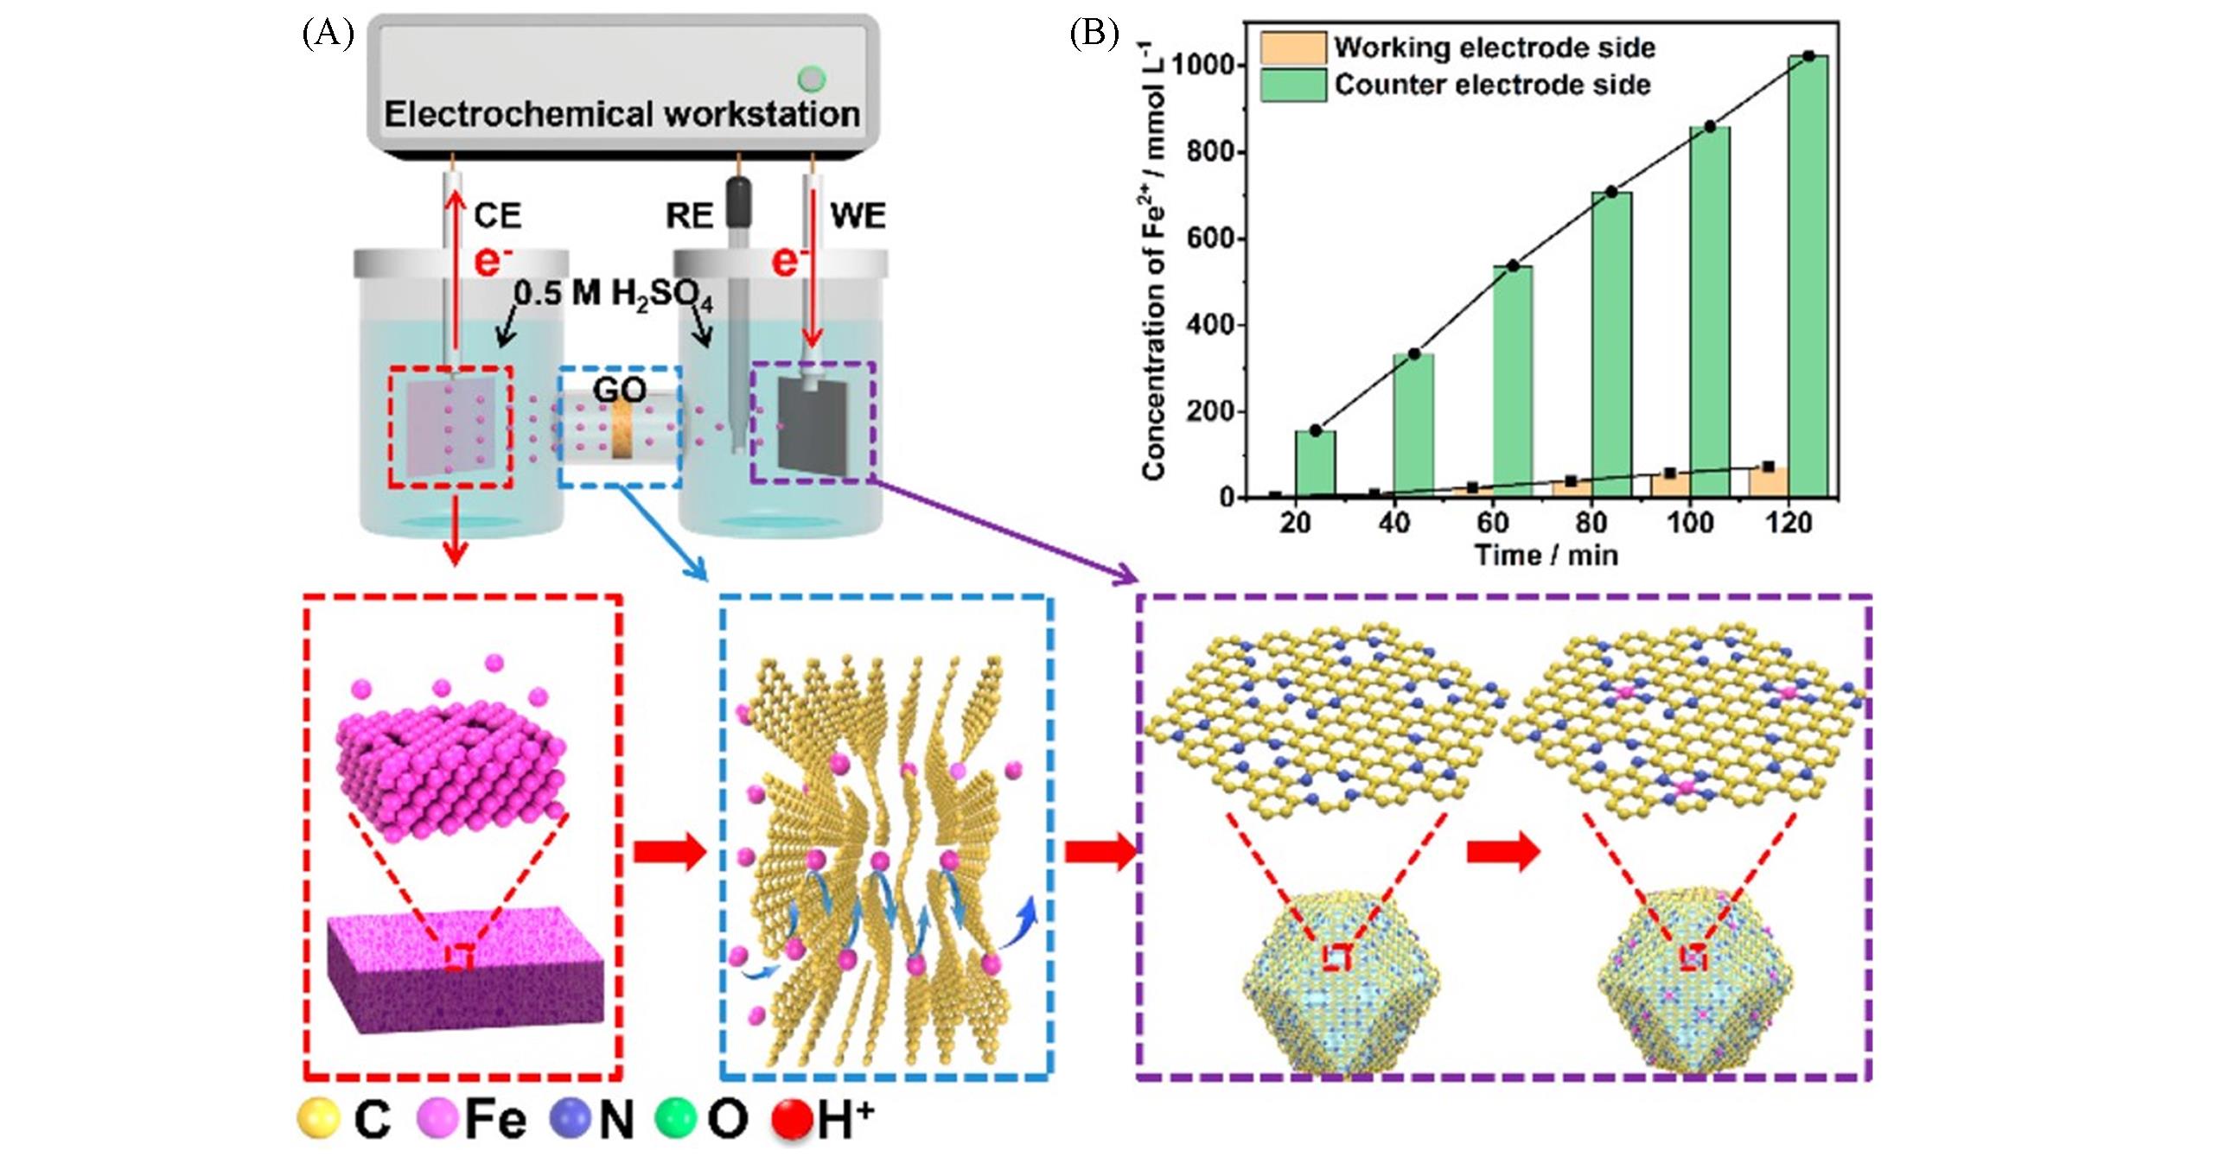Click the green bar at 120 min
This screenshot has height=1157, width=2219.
pyautogui.click(x=1808, y=277)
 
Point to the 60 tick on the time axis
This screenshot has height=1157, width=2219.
pyautogui.click(x=1493, y=522)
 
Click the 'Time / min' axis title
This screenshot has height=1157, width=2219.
pyautogui.click(x=1546, y=555)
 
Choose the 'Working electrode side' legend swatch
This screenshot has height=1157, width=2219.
pyautogui.click(x=1292, y=48)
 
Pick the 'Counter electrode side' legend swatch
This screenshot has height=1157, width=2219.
pyautogui.click(x=1292, y=86)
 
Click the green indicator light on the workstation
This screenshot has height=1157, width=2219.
pyautogui.click(x=811, y=79)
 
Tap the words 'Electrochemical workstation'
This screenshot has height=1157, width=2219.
pyautogui.click(x=622, y=114)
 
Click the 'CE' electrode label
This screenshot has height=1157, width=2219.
pyautogui.click(x=497, y=215)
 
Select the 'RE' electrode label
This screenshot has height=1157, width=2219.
pyautogui.click(x=689, y=215)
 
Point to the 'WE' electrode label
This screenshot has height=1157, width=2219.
pyautogui.click(x=858, y=215)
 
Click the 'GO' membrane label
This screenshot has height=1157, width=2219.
pyautogui.click(x=620, y=391)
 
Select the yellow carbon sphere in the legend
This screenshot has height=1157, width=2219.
pyautogui.click(x=317, y=1119)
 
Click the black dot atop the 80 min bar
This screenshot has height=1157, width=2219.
pyautogui.click(x=1611, y=192)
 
